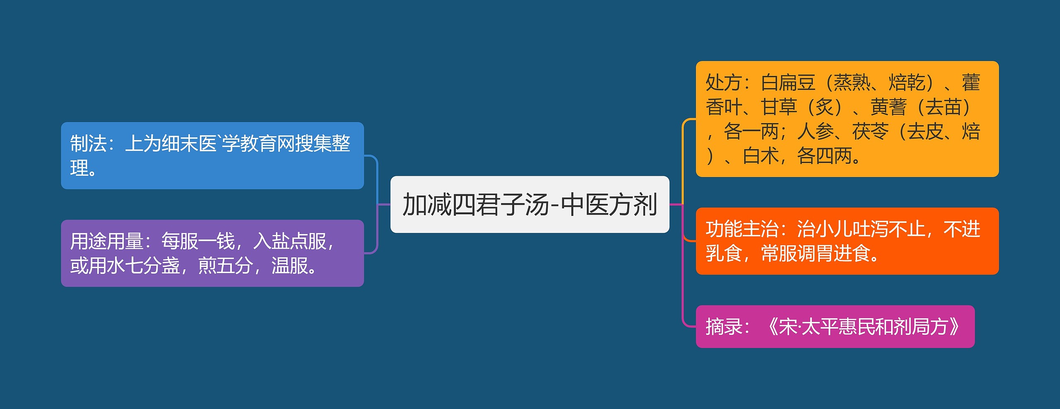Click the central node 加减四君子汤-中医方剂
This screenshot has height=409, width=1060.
pyautogui.click(x=530, y=204)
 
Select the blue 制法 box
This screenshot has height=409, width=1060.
pyautogui.click(x=212, y=155)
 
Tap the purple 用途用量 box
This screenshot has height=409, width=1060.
pyautogui.click(x=212, y=253)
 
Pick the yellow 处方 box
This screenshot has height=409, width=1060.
pyautogui.click(x=847, y=119)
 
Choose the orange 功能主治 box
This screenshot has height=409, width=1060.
pyautogui.click(x=847, y=241)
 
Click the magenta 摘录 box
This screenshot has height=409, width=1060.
pyautogui.click(x=835, y=327)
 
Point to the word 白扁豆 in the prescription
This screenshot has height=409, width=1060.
pyautogui.click(x=788, y=82)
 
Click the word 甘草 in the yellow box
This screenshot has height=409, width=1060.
pyautogui.click(x=779, y=107)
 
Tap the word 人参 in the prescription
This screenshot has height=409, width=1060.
pyautogui.click(x=815, y=131)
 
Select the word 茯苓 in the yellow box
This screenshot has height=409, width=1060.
pyautogui.click(x=870, y=131)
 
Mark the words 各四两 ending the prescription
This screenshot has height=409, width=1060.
pyautogui.click(x=824, y=156)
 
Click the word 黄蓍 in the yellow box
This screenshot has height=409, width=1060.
pyautogui.click(x=889, y=107)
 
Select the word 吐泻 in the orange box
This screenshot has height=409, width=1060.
pyautogui.click(x=870, y=229)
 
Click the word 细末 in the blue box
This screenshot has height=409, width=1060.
pyautogui.click(x=180, y=143)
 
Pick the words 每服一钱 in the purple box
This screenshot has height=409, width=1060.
pyautogui.click(x=198, y=241)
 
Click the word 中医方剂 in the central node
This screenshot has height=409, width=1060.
pyautogui.click(x=609, y=204)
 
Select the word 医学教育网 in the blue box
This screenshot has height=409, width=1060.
pyautogui.click(x=248, y=143)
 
